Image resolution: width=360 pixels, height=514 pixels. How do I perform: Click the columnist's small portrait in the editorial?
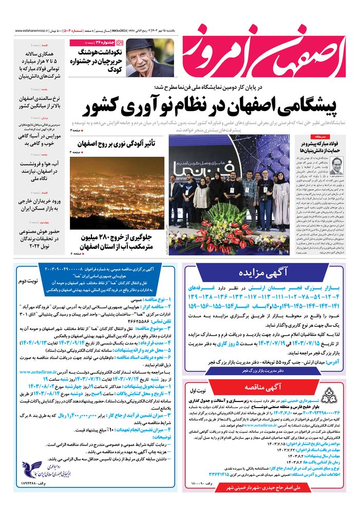pyautogui.click(x=337, y=166)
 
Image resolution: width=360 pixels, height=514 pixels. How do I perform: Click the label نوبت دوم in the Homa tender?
pyautogui.click(x=29, y=282)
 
